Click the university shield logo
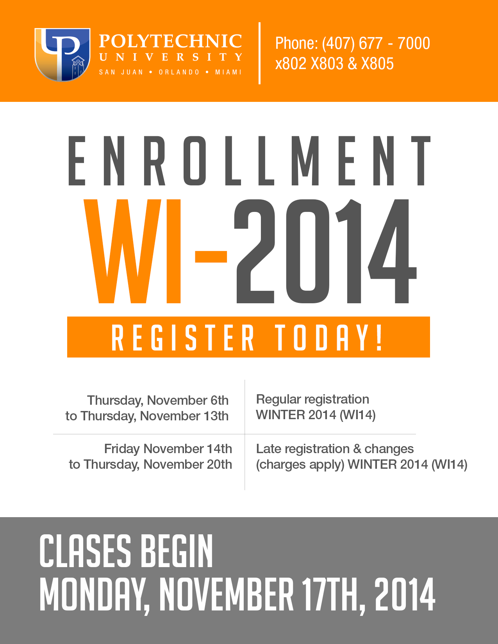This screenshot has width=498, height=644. (62, 55)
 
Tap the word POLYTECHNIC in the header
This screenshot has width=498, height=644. (171, 41)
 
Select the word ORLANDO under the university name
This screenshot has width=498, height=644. (179, 72)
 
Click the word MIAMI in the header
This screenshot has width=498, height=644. (228, 72)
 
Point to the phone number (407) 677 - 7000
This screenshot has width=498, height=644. (376, 43)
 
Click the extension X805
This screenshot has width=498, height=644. (377, 63)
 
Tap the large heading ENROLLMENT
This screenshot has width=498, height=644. (250, 161)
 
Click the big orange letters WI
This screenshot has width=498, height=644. (132, 251)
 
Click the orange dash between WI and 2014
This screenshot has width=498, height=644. (211, 257)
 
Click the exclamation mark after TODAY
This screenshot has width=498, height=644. (379, 338)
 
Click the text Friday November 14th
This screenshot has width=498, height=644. (168, 449)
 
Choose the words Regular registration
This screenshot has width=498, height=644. (312, 400)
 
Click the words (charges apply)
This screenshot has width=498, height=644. (300, 465)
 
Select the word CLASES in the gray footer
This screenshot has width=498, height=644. (86, 551)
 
